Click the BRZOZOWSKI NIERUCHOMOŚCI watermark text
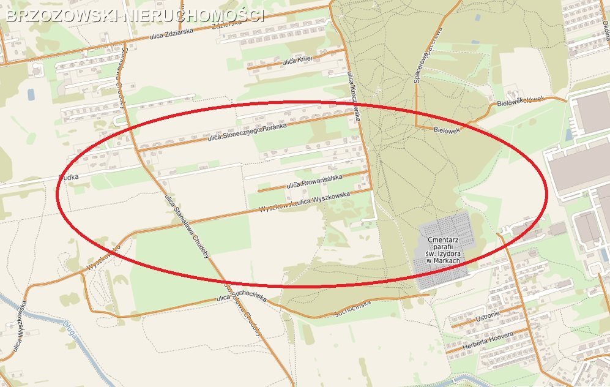[x=135, y=15]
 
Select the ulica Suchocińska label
[x=242, y=298]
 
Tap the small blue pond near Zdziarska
[x=31, y=94]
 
